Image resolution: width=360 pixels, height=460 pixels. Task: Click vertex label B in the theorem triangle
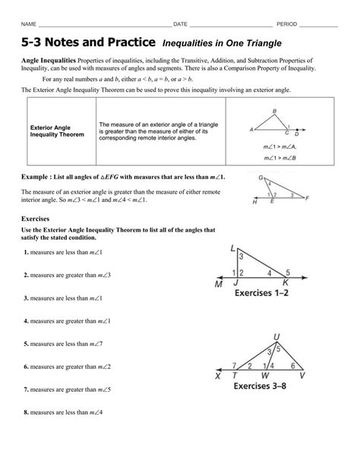[274, 111]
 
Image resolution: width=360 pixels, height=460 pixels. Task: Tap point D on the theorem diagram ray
[298, 131]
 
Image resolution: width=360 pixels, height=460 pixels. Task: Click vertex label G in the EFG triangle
[261, 178]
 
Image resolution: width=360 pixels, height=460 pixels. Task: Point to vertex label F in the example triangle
[306, 197]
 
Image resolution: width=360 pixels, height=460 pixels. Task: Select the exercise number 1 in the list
[25, 251]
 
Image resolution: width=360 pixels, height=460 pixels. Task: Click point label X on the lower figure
[217, 375]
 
